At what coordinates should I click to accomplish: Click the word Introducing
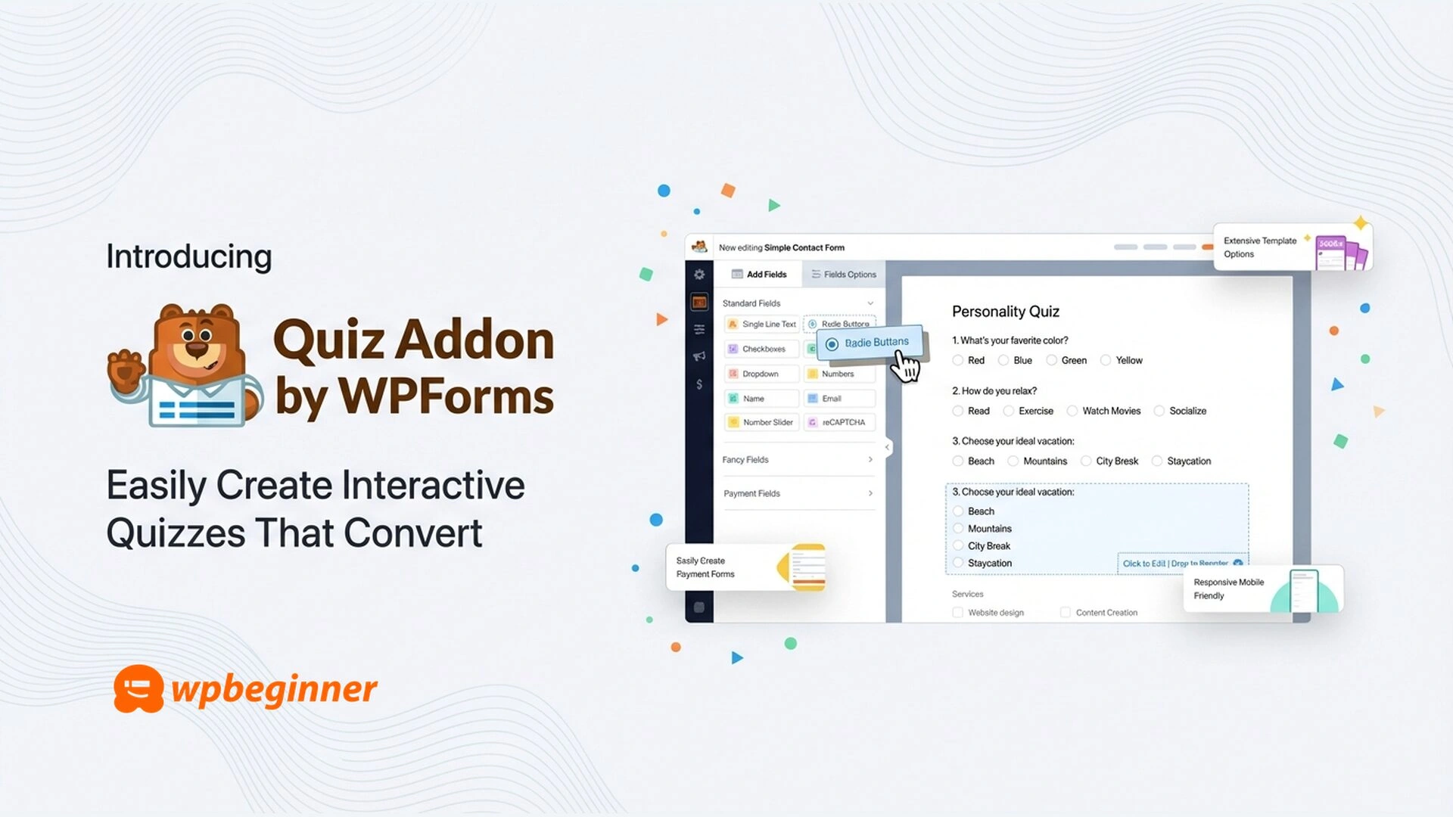tap(188, 256)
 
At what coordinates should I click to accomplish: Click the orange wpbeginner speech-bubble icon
tap(138, 688)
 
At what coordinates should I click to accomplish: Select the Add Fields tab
tap(759, 275)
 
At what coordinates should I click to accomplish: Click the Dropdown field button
tap(761, 374)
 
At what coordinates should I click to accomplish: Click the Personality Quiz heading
tap(1005, 312)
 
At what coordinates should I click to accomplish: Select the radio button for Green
tap(1051, 361)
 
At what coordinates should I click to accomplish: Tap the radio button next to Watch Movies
tap(1072, 412)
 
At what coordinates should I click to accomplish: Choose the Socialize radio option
tap(1159, 412)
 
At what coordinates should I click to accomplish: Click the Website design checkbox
tap(958, 613)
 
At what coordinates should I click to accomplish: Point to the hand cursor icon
tap(905, 368)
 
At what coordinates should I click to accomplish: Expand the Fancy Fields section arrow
tap(870, 460)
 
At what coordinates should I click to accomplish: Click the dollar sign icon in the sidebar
tap(699, 384)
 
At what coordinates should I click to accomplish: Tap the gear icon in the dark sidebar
tap(699, 275)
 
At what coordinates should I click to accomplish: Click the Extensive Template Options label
tap(1259, 247)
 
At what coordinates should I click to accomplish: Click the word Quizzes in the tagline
tap(176, 533)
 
